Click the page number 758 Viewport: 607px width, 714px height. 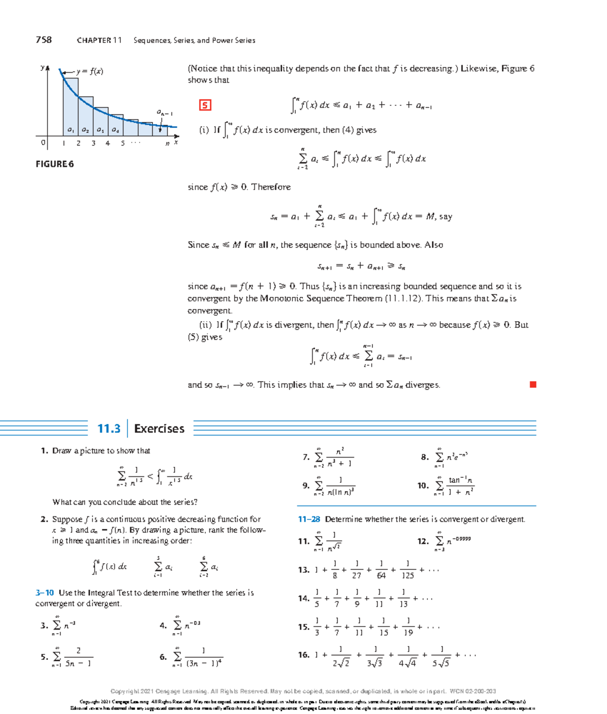44,40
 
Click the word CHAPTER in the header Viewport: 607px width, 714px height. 94,40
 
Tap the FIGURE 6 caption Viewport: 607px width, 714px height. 55,164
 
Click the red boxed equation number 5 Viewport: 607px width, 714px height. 205,105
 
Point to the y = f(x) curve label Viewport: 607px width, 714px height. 90,71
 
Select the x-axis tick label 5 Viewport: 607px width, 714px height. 122,144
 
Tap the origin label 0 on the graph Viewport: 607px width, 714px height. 44,143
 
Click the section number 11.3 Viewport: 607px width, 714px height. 109,429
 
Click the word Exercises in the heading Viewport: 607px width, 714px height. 159,429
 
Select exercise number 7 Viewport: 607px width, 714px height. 306,457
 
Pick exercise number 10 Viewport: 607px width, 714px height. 423,485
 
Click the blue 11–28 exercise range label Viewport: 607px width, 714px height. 309,519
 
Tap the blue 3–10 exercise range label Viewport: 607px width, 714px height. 45,593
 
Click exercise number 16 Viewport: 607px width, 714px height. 303,655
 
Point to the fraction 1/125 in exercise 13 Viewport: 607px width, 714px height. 407,570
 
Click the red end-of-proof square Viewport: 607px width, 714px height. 533,385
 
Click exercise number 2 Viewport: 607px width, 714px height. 44,519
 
